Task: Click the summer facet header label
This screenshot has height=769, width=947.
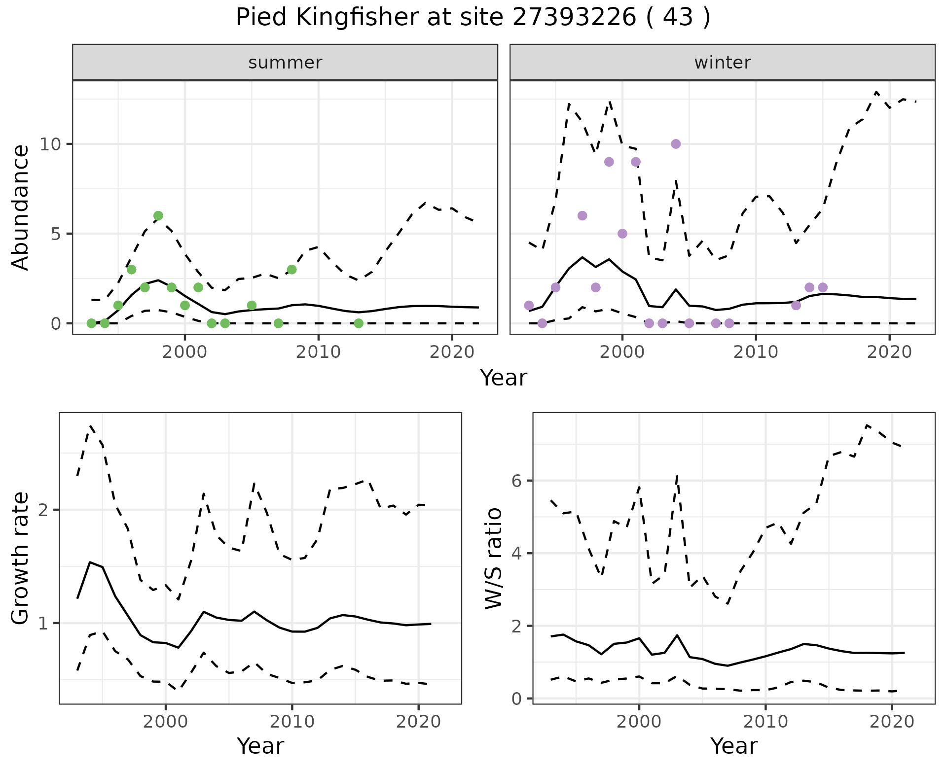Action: coord(285,63)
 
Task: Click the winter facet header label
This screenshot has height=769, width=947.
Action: coord(722,63)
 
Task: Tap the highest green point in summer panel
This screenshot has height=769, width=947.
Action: coord(158,215)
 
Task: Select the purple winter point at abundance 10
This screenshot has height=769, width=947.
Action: coord(676,144)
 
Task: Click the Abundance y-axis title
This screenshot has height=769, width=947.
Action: coord(21,207)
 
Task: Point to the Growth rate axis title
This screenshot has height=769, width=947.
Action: coord(21,559)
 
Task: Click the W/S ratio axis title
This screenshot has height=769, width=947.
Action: coord(494,559)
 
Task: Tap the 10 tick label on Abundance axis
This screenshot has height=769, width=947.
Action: coord(51,144)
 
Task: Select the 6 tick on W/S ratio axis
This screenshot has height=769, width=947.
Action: coord(517,481)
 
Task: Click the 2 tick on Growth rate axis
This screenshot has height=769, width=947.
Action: coord(43,510)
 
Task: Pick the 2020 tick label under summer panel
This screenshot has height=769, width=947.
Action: coord(452,352)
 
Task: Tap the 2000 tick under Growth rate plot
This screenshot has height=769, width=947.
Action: coord(166,722)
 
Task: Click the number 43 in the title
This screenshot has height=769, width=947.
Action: coord(676,18)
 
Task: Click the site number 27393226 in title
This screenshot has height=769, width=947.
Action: coord(574,18)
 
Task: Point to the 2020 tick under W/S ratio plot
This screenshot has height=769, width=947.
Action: coord(892,722)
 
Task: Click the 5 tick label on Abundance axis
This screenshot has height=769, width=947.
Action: coord(57,234)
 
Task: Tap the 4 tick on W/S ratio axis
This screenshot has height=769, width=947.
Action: coord(517,553)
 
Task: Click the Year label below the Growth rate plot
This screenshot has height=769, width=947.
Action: coord(260,746)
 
